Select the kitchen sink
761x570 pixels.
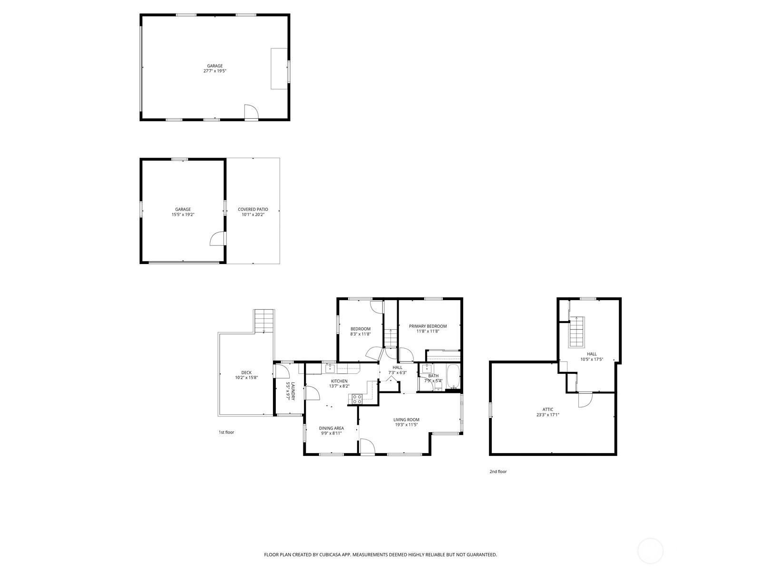pos(330,368)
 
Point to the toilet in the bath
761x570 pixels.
pos(438,385)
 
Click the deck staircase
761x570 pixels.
pos(264,321)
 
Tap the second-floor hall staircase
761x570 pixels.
pos(576,332)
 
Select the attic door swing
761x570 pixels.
pos(585,399)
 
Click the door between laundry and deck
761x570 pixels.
pos(282,370)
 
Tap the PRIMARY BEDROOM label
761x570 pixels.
pos(428,326)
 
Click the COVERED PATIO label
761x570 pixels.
pos(253,209)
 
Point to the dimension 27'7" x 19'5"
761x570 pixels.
pos(215,71)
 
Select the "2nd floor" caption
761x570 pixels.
pos(498,471)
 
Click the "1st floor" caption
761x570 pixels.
pos(226,432)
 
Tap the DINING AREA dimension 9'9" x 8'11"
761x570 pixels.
pos(332,433)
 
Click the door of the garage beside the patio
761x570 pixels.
pos(218,238)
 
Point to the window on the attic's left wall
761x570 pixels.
pos(490,410)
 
